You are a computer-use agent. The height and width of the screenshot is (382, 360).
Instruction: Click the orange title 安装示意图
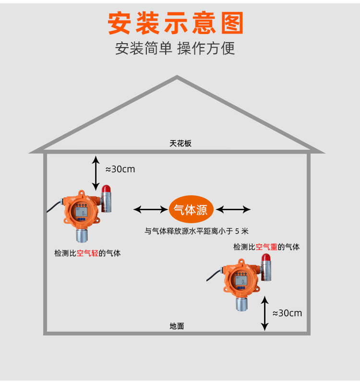(x=176, y=23)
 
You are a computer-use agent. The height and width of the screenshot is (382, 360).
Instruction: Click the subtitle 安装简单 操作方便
(x=175, y=48)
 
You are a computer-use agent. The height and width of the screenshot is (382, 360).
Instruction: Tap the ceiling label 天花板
(x=180, y=143)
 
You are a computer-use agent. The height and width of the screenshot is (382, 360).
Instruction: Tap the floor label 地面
(x=177, y=326)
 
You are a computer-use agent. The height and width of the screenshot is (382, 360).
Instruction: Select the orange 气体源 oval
(x=191, y=210)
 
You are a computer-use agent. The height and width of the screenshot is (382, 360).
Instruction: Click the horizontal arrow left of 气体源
(x=150, y=209)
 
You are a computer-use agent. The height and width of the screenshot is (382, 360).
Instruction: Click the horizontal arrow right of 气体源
(x=233, y=209)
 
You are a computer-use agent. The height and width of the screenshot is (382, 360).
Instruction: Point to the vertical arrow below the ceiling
(x=96, y=173)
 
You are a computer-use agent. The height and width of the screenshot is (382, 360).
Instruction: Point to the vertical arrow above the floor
(x=264, y=313)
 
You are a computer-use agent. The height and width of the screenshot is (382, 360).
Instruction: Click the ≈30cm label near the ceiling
(x=120, y=169)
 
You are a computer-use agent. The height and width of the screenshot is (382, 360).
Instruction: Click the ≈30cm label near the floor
(x=287, y=313)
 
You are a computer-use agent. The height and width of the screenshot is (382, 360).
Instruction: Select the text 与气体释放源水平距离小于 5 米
(x=197, y=231)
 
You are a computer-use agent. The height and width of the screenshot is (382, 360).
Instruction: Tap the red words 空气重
(x=266, y=247)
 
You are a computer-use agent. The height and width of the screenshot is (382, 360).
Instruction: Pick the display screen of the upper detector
(x=81, y=210)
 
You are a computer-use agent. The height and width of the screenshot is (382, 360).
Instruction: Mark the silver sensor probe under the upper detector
(x=82, y=234)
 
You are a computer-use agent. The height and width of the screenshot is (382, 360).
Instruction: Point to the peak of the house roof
(x=177, y=77)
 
